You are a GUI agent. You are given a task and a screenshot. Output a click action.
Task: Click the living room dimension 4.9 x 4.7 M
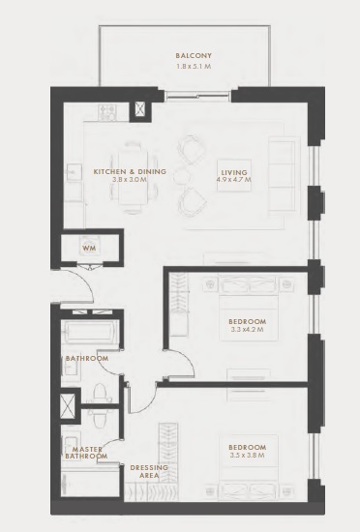(x=234, y=180)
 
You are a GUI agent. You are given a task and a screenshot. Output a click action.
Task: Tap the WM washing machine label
(x=88, y=249)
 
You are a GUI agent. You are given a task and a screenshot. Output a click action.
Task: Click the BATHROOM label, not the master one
(x=86, y=358)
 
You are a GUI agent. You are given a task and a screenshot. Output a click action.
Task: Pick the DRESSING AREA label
(x=149, y=470)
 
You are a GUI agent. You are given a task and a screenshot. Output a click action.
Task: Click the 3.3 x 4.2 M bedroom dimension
(x=247, y=330)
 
